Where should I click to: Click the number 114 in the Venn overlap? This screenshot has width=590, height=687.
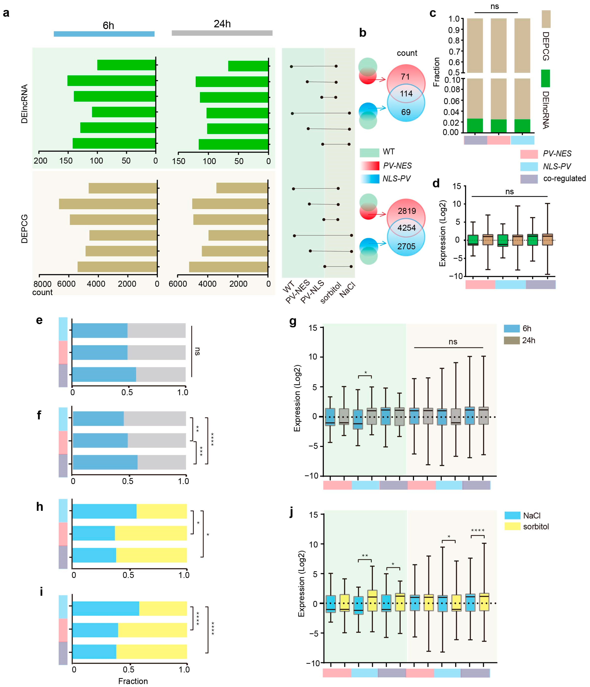tap(406, 94)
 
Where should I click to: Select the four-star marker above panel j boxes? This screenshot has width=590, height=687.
tap(478, 531)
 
